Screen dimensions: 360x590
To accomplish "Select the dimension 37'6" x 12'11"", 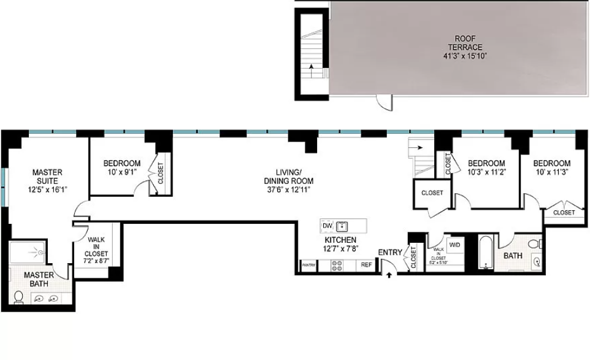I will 288,190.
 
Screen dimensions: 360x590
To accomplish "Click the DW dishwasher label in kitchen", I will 327,226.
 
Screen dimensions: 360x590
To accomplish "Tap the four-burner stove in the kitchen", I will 337,265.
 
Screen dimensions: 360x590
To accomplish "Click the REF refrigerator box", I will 366,265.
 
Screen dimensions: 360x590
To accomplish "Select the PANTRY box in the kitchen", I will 308,265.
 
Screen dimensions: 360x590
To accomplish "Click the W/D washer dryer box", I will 455,245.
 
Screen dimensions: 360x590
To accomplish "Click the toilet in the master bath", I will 19,298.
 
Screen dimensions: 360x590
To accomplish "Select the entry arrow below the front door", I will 389,275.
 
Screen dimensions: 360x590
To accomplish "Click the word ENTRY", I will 390,252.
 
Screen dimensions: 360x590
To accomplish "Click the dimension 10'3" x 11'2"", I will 486,172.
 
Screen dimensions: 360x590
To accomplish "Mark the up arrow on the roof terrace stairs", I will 312,67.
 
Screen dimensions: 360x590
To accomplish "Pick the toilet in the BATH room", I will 535,245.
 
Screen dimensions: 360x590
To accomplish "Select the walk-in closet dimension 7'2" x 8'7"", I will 98,261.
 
